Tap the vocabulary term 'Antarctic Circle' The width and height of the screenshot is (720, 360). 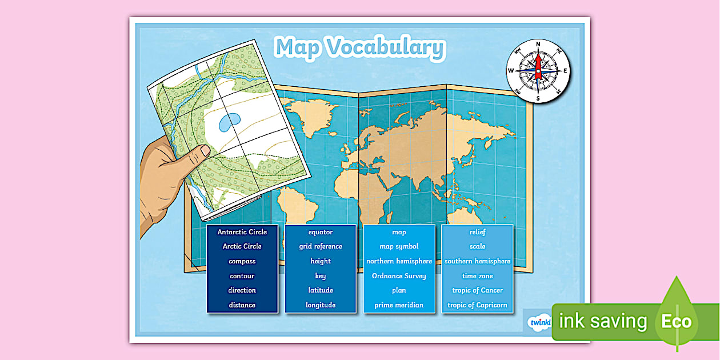click(x=242, y=232)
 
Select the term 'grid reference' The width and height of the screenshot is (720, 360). click(x=321, y=246)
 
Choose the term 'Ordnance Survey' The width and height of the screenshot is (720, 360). click(x=399, y=276)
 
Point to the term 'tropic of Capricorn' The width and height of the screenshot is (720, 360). click(x=477, y=305)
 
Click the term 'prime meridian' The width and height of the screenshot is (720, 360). click(x=399, y=305)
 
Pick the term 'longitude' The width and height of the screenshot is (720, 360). click(x=321, y=305)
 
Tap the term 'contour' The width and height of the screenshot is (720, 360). click(x=242, y=276)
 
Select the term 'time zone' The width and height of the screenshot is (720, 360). click(x=477, y=276)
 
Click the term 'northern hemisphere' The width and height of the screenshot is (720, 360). click(x=399, y=261)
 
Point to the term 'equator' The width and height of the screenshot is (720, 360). click(x=321, y=232)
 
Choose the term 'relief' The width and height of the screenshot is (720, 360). click(x=477, y=232)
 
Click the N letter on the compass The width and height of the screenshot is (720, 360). click(x=538, y=43)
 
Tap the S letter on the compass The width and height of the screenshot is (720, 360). click(x=538, y=98)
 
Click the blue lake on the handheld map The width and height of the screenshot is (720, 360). click(x=229, y=122)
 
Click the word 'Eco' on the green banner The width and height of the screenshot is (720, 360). click(x=677, y=321)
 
